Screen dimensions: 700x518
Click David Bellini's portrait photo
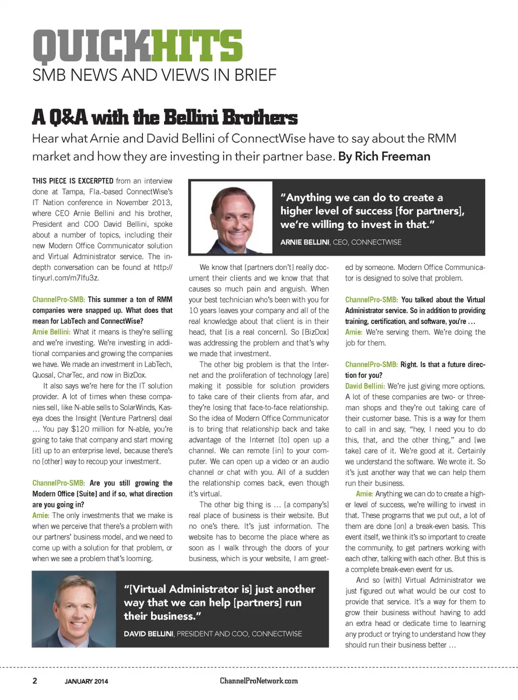74,609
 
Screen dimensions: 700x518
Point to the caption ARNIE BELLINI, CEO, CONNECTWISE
340,242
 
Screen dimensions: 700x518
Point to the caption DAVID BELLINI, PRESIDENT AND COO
213,634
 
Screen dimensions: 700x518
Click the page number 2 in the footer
35,681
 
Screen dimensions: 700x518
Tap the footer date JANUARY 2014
86,681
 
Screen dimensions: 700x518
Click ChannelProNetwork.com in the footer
258,681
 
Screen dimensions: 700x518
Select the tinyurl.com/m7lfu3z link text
65,278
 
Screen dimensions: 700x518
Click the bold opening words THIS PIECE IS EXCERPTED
72,181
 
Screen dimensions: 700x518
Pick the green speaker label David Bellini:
365,386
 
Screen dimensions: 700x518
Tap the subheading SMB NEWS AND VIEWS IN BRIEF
154,75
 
